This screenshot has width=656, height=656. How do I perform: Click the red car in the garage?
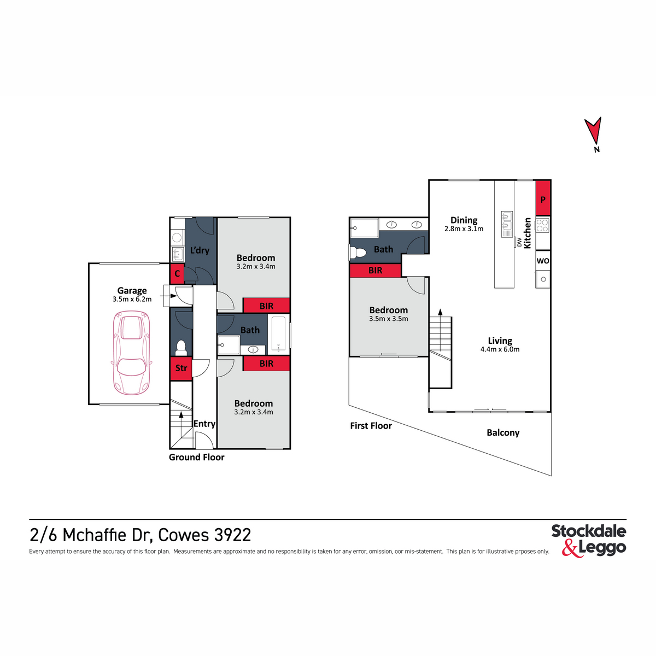pos(131,353)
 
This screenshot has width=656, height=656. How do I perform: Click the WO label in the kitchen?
pos(543,261)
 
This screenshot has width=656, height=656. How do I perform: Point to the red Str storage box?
pos(181,368)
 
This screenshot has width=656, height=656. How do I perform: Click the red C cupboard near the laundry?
pos(177,273)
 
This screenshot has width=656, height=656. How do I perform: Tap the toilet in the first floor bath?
pos(358,253)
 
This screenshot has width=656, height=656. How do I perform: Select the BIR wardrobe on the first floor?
pos(376,270)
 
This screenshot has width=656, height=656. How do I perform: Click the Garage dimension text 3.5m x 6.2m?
pos(132,300)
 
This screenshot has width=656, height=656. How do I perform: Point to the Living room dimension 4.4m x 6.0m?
pos(500,349)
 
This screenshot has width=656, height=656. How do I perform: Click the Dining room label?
pos(464,220)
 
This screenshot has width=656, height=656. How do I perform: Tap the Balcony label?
pos(503,432)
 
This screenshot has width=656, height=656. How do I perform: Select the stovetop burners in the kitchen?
pos(542,225)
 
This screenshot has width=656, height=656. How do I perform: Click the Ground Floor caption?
pos(196,458)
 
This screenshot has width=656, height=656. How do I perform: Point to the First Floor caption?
pos(371,426)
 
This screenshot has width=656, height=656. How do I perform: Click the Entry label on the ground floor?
pos(204,424)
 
